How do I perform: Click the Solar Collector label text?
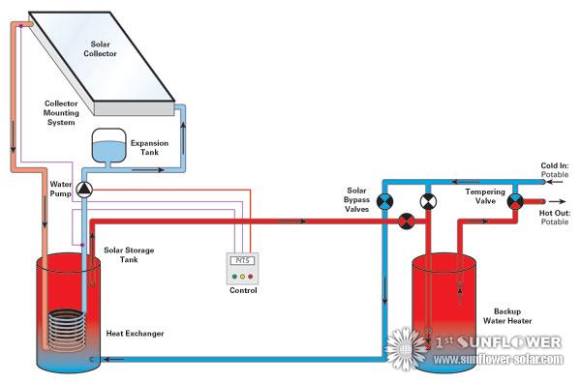click(x=104, y=48)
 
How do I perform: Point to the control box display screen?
click(x=242, y=261)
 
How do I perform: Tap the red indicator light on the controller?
click(x=251, y=274)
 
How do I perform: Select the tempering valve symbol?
click(x=515, y=201)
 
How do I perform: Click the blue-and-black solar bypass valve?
click(x=385, y=201)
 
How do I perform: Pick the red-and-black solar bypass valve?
click(x=407, y=221)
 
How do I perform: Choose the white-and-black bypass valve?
click(x=427, y=201)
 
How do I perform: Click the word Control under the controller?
click(x=242, y=289)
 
